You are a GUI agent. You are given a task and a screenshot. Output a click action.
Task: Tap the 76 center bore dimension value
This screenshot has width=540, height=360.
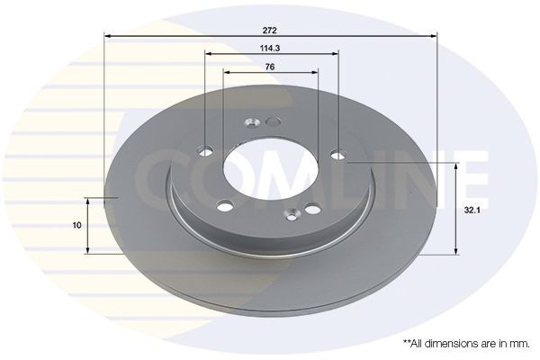point(270,67)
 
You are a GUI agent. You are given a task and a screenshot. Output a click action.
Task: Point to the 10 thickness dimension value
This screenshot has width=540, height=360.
point(78,224)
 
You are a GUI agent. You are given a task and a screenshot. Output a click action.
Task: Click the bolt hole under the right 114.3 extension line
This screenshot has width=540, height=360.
point(338,155)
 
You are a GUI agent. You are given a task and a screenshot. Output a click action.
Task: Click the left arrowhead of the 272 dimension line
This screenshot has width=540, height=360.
point(109,36)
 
